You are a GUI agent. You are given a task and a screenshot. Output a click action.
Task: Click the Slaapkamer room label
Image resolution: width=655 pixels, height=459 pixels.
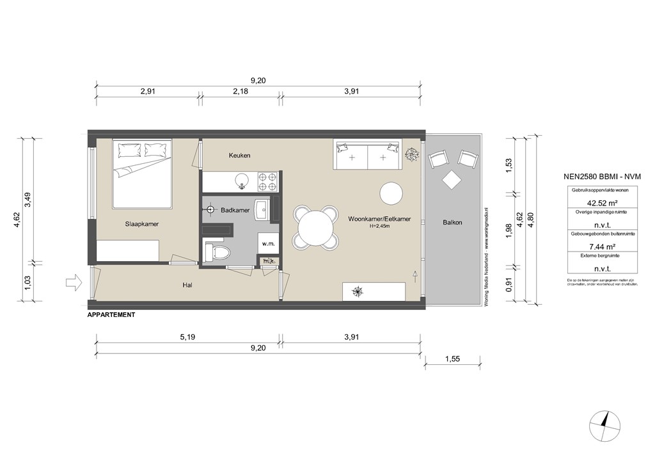(x=141, y=224)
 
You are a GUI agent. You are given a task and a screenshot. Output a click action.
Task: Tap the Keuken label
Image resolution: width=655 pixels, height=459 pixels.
(x=239, y=156)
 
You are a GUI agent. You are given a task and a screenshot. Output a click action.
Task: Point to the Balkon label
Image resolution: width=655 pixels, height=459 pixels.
(x=452, y=222)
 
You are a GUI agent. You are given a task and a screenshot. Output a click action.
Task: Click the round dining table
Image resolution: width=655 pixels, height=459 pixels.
(x=315, y=227)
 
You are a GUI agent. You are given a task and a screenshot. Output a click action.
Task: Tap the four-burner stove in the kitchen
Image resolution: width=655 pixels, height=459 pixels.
(x=267, y=182)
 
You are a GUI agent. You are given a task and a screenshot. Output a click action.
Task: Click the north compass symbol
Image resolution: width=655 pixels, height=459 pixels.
(x=606, y=426)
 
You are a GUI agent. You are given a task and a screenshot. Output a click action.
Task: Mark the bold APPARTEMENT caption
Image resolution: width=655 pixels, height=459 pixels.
(x=111, y=315)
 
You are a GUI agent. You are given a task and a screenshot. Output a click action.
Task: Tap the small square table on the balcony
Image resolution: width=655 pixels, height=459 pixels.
(x=452, y=180)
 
